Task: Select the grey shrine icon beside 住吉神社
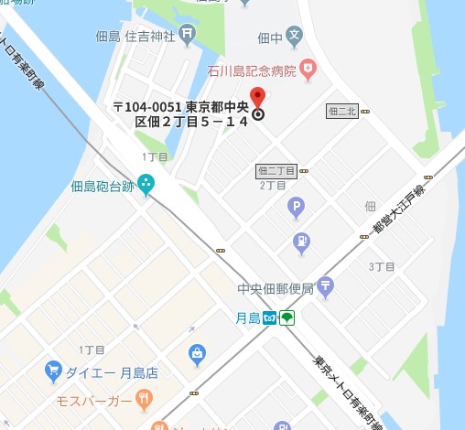point(187,36)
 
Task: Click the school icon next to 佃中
point(293,38)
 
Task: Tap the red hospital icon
point(309,67)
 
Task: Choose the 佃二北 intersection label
point(341,112)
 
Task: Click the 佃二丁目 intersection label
point(276,170)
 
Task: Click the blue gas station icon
point(301,242)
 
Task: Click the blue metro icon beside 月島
point(269,318)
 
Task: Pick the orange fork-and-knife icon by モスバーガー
point(144,398)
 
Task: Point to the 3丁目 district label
point(382,266)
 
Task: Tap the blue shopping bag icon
point(197,354)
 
